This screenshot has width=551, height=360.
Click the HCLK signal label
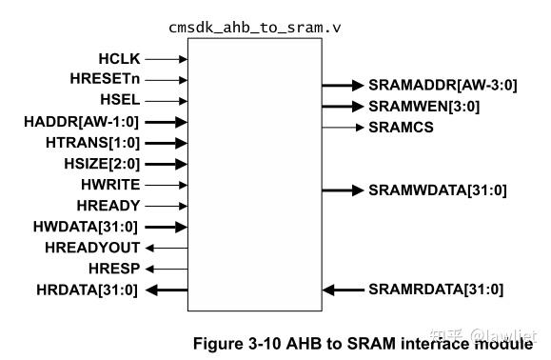[118, 59]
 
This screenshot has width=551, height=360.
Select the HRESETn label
[107, 80]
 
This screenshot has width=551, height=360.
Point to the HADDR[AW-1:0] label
[82, 121]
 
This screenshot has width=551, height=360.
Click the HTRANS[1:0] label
[93, 142]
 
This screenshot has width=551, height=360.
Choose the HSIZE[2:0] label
[98, 163]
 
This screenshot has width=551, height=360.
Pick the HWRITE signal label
[109, 184]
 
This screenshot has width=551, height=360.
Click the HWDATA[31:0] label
[87, 226]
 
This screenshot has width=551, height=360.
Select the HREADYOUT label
[93, 248]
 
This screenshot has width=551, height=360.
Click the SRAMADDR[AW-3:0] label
[443, 86]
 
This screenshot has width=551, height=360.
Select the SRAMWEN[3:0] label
[423, 107]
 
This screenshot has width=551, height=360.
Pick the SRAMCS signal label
[401, 127]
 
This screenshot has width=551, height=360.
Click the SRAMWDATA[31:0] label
[437, 190]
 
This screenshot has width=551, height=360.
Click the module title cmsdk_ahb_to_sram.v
[255, 28]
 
